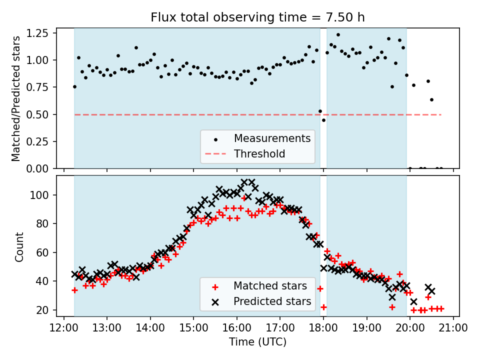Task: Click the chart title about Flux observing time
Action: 257,17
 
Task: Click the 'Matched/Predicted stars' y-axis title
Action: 16,98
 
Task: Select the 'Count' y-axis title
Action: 19,247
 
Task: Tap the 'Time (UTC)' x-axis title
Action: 257,342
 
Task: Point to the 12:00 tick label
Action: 63,327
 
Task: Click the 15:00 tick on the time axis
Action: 193,327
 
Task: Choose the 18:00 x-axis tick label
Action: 323,327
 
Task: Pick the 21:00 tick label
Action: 453,327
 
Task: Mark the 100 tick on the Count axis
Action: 44,195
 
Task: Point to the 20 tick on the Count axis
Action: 46,310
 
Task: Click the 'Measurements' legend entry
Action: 272,138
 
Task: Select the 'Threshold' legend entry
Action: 259,153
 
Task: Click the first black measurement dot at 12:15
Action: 74,86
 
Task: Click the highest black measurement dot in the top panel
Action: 338,35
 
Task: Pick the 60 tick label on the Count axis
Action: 46,252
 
